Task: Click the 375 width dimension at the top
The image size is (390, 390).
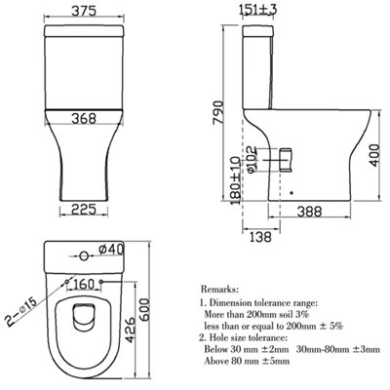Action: click(x=84, y=11)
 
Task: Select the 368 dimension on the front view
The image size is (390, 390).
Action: click(x=84, y=118)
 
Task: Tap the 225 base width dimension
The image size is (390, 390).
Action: click(x=84, y=209)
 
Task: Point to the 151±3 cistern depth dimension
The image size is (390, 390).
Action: click(x=258, y=10)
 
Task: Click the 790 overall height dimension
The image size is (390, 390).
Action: click(x=218, y=113)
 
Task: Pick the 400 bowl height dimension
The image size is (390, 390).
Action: click(x=375, y=155)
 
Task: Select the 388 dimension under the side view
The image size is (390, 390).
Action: click(x=309, y=212)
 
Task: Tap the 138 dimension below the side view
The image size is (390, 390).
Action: click(x=260, y=236)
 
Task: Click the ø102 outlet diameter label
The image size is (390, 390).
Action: click(x=252, y=159)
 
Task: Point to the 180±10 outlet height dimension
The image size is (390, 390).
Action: click(x=236, y=180)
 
